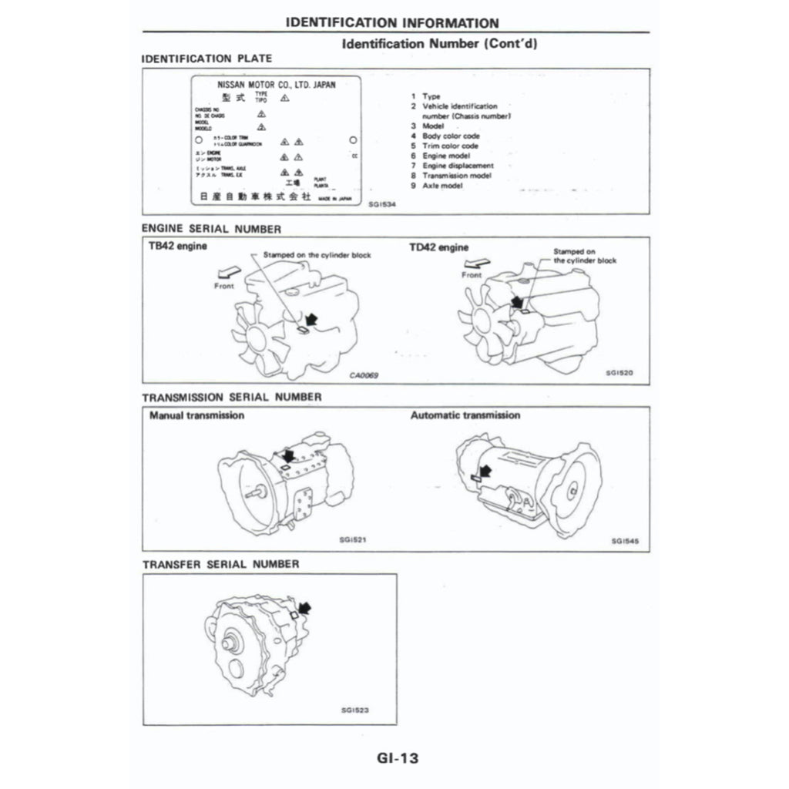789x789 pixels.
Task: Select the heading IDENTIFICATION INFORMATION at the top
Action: click(391, 23)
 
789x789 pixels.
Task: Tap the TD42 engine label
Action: click(438, 247)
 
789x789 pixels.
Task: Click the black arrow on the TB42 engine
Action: click(311, 317)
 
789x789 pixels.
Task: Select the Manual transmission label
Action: click(196, 415)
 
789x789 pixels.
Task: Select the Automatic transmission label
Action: click(465, 415)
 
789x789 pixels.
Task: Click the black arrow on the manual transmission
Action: click(288, 456)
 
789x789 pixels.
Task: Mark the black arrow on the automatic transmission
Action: click(485, 465)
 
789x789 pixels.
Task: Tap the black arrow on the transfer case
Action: click(304, 608)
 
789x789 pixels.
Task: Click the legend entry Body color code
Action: click(451, 136)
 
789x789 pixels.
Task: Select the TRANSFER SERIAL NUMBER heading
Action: click(221, 564)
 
